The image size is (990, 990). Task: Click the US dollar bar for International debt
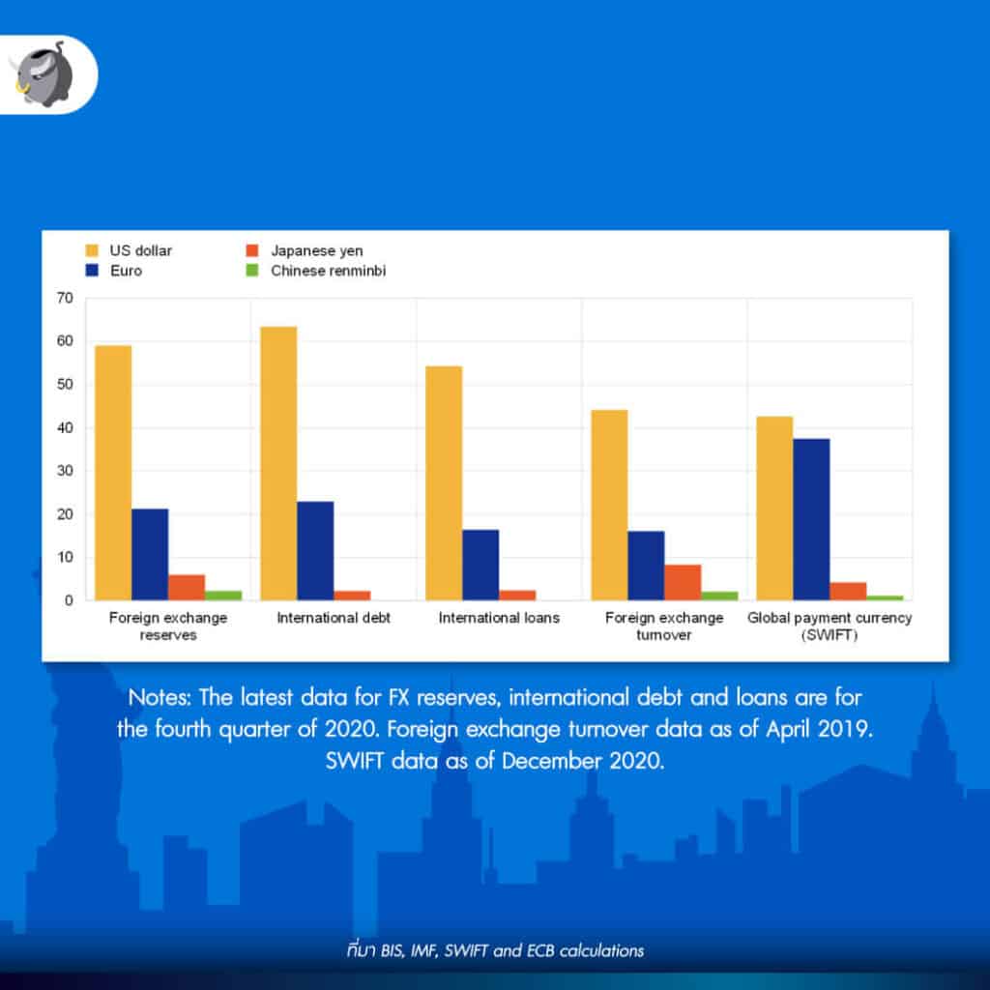coord(278,463)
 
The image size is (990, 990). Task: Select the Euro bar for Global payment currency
coord(811,519)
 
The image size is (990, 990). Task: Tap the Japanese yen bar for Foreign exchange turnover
coord(683,582)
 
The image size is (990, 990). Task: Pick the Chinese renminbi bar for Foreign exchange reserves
coord(223,596)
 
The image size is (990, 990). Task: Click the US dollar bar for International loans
coord(444,483)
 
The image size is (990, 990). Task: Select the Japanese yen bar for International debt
coord(352,596)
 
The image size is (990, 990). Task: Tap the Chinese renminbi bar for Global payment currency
coord(885,597)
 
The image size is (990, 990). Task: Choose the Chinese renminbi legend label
coord(328,271)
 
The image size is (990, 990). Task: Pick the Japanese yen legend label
coord(317,251)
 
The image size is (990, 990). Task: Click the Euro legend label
coord(126,271)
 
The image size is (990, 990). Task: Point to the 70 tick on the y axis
coord(65,298)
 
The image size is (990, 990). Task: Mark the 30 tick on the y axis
coord(65,471)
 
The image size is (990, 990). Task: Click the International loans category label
coord(499,618)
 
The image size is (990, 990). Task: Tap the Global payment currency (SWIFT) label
coord(830,626)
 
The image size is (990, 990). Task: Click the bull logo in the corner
coord(40,73)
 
